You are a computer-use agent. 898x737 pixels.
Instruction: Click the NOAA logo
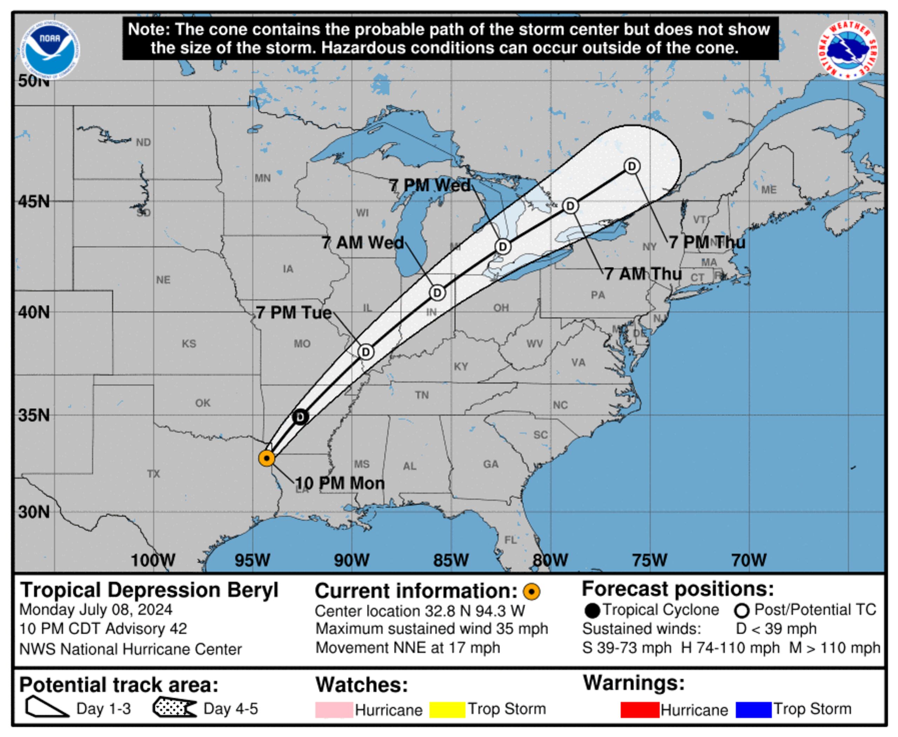pyautogui.click(x=50, y=50)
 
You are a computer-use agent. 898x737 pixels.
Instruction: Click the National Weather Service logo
pyautogui.click(x=847, y=50)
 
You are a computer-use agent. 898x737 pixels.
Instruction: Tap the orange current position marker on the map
pyautogui.click(x=267, y=458)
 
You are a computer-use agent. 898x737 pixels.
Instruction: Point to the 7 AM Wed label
pyautogui.click(x=363, y=243)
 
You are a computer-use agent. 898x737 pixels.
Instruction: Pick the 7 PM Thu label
pyautogui.click(x=707, y=242)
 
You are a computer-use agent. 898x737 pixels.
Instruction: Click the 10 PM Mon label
pyautogui.click(x=340, y=483)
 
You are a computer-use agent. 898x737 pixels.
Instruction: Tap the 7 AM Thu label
pyautogui.click(x=643, y=274)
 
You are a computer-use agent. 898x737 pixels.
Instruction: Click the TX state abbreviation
pyautogui.click(x=154, y=474)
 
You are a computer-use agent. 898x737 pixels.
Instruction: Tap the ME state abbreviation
pyautogui.click(x=769, y=190)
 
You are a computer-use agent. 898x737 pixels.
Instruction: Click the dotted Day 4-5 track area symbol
pyautogui.click(x=174, y=708)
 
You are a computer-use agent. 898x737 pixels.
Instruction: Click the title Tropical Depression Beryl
pyautogui.click(x=149, y=590)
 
